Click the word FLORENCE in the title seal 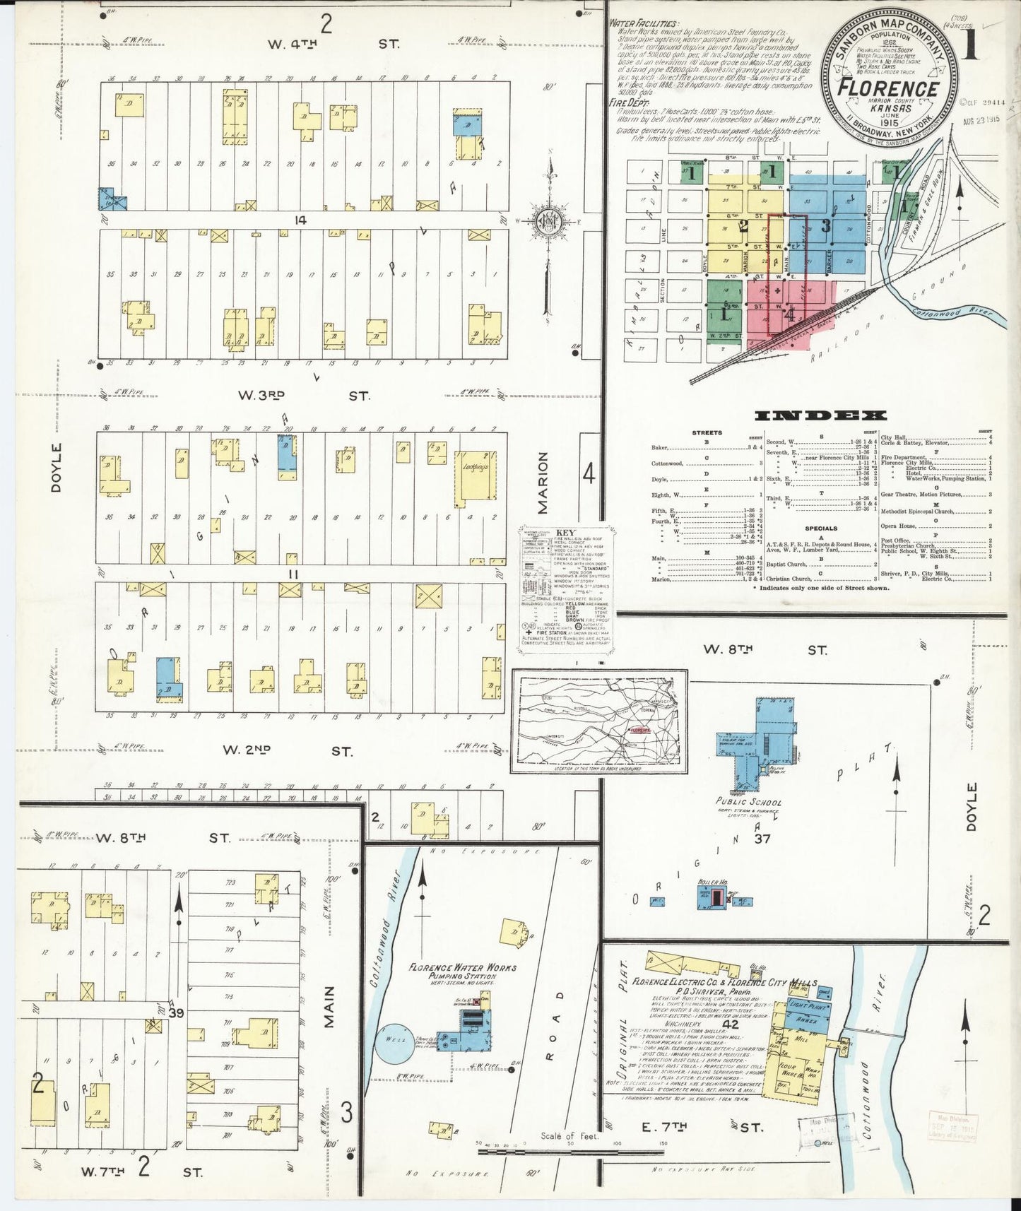[888, 89]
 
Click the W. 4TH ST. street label [333, 44]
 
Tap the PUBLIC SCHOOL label [749, 802]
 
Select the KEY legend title [566, 532]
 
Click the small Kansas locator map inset [599, 720]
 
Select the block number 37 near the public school [762, 839]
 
